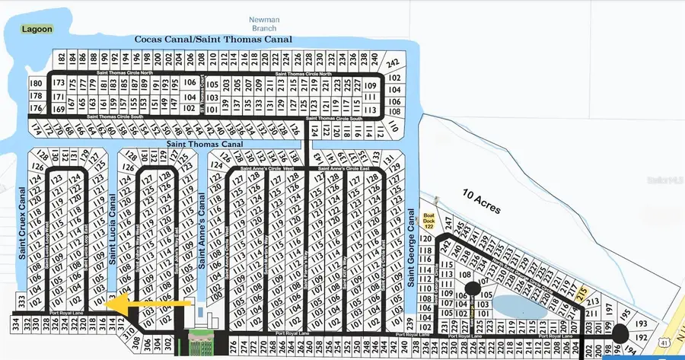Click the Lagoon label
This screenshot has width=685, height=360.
[37, 30]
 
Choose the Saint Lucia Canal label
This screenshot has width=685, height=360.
[113, 228]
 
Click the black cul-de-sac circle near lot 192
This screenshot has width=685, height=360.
[618, 332]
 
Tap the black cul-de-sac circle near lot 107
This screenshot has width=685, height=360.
[471, 288]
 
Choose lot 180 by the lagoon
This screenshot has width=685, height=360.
[36, 83]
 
